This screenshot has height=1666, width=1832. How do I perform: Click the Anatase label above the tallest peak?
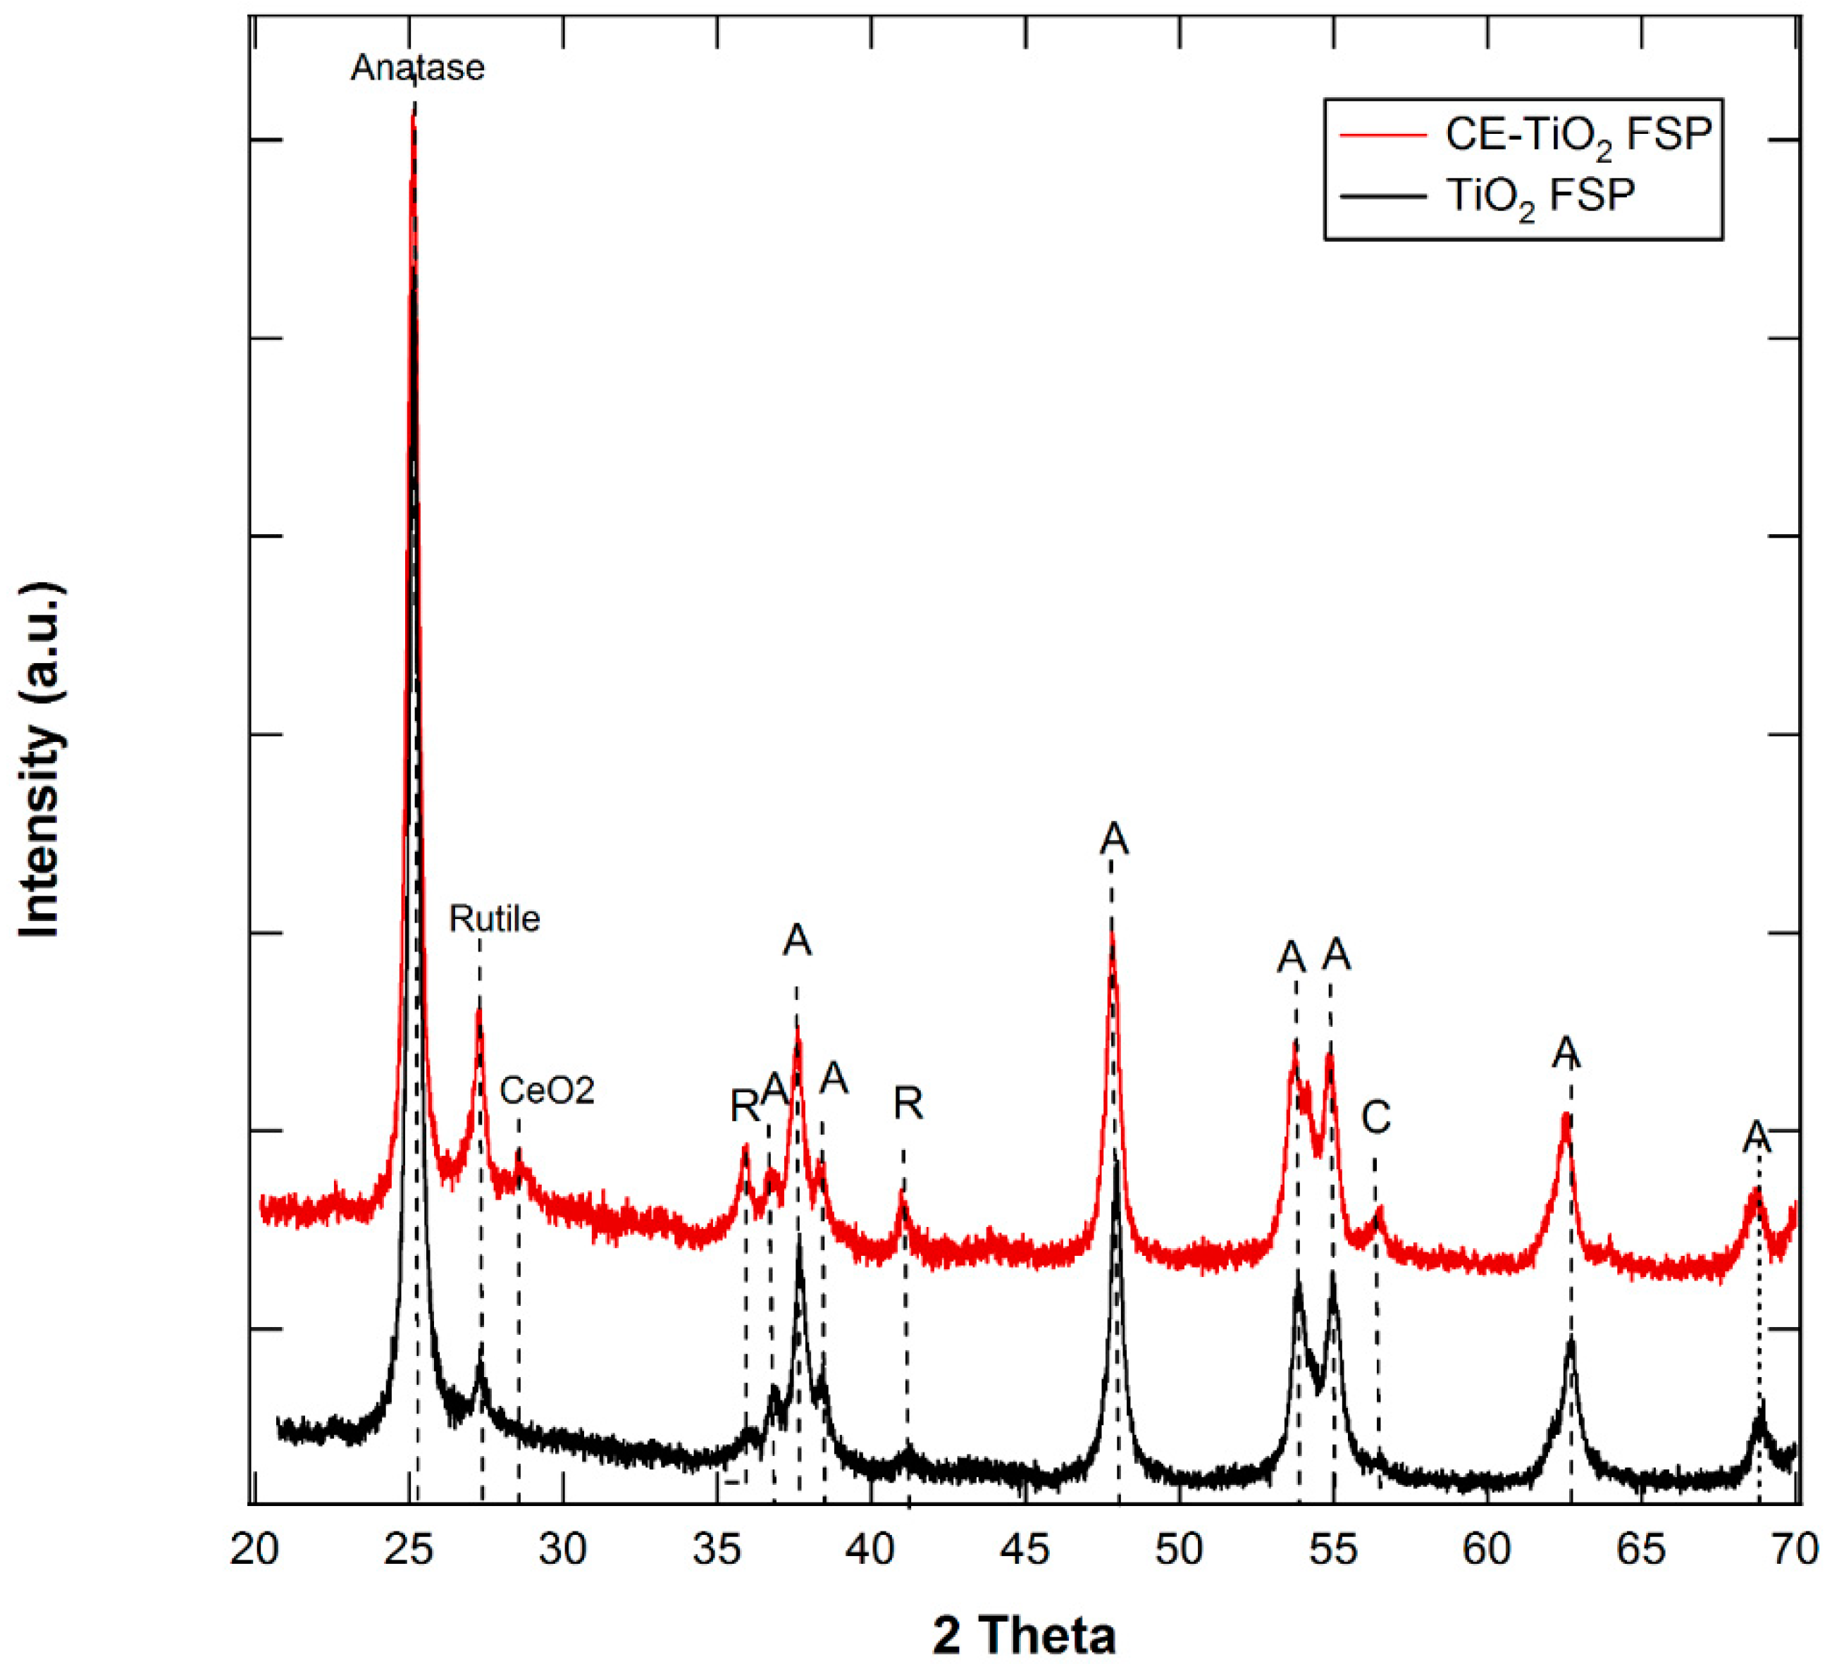click(418, 68)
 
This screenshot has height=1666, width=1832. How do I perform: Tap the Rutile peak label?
click(495, 919)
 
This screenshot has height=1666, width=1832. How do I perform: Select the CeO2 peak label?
click(547, 1090)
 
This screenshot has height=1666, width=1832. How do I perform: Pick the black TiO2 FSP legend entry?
click(1540, 195)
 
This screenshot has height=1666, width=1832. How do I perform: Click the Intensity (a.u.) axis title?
click(41, 759)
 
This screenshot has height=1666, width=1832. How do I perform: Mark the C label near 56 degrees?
click(1376, 1117)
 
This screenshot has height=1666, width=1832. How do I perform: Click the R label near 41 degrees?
click(908, 1104)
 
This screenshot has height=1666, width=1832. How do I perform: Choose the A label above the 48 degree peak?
click(1113, 839)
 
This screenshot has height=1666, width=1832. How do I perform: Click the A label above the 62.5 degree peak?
click(1566, 1054)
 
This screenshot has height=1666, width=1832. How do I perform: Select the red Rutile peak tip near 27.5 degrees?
click(479, 1011)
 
